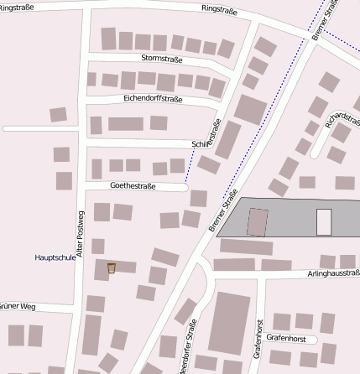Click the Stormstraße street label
tap(162, 58)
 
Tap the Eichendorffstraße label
tap(152, 99)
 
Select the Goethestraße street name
tap(133, 185)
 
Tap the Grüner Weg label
tap(17, 306)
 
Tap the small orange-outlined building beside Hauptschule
tap(111, 268)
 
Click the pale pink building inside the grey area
tap(323, 221)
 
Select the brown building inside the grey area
tap(258, 222)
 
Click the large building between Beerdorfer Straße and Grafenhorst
tap(229, 323)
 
